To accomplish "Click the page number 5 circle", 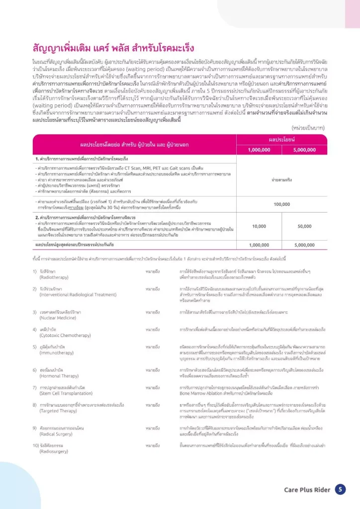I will pyautogui.click(x=340, y=490).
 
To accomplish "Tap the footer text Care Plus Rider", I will pyautogui.click(x=307, y=490).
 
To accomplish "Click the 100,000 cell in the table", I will pyautogui.click(x=282, y=204).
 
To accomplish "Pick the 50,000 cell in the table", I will pyautogui.click(x=304, y=226).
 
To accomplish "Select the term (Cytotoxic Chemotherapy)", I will pyautogui.click(x=63, y=335).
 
